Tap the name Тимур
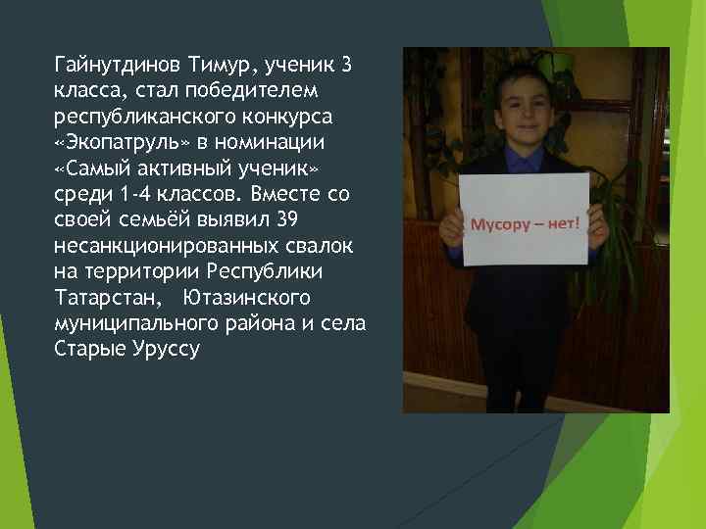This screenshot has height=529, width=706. pyautogui.click(x=223, y=67)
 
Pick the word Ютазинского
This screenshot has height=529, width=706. pyautogui.click(x=246, y=296)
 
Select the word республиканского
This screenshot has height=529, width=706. pyautogui.click(x=139, y=118)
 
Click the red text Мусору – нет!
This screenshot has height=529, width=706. pyautogui.click(x=526, y=223)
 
